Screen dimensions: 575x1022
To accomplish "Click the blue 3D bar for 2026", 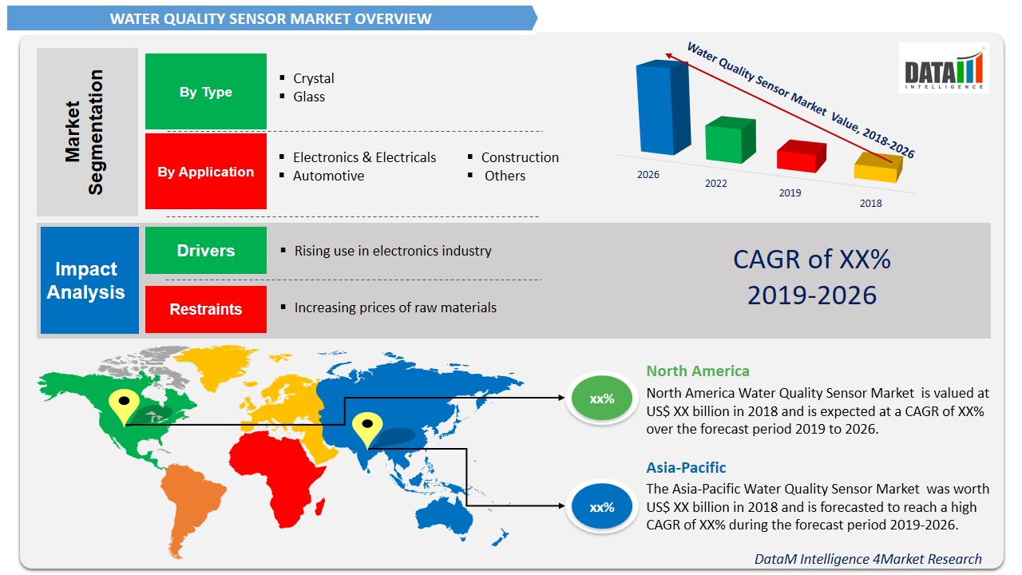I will coord(662,108).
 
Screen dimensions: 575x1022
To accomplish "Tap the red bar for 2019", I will coord(800,157).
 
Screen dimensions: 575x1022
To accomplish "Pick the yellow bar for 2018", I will coord(876,169).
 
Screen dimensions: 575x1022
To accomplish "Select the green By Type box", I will coord(205,92).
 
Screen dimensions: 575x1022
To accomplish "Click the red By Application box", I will coord(205,172).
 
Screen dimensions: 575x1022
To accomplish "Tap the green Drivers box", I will coord(205,251).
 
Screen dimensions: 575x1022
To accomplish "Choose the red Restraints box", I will coord(205,309).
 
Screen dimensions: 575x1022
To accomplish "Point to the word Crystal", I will coord(313,78).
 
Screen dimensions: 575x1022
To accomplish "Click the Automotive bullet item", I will coord(328,176).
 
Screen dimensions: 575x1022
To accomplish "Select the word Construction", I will coord(520,157).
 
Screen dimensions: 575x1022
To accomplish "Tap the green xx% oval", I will coord(601,399).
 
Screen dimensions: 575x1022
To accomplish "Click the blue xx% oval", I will coord(601,507).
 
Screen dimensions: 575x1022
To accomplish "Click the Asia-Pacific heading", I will coord(686,468).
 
